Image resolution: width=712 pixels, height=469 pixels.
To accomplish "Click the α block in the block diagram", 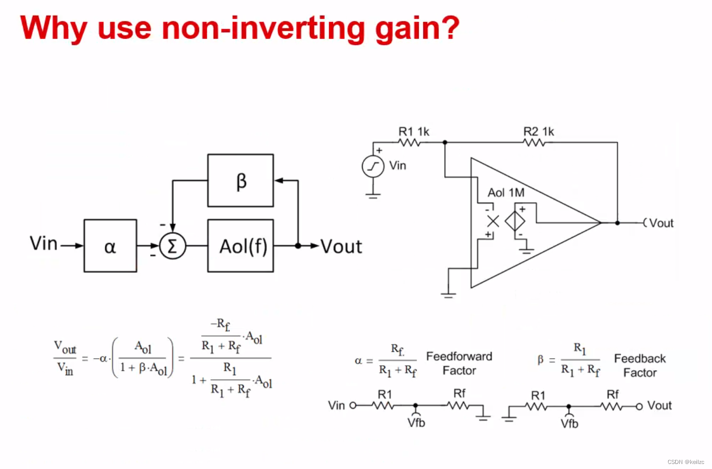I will pyautogui.click(x=110, y=246).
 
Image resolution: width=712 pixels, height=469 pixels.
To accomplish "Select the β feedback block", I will pyautogui.click(x=240, y=180).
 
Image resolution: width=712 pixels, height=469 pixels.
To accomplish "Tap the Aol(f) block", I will pyautogui.click(x=240, y=246).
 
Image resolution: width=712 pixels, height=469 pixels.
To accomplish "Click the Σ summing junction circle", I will pyautogui.click(x=172, y=246).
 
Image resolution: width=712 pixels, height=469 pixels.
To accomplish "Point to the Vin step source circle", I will pyautogui.click(x=373, y=166).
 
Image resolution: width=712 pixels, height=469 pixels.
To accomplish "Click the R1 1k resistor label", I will pyautogui.click(x=414, y=131).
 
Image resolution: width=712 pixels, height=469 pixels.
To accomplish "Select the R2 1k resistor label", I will pyautogui.click(x=538, y=131).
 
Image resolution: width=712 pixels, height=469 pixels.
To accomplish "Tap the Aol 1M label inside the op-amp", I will pyautogui.click(x=506, y=192).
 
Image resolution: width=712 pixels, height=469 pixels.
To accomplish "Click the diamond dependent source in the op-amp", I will pyautogui.click(x=515, y=221).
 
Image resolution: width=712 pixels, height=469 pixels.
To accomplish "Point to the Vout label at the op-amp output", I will pyautogui.click(x=661, y=223).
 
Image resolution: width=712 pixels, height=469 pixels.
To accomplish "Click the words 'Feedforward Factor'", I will pyautogui.click(x=459, y=363).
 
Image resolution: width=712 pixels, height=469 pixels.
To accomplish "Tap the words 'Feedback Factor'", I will pyautogui.click(x=639, y=365).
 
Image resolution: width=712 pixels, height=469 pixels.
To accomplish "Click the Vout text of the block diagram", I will pyautogui.click(x=341, y=247).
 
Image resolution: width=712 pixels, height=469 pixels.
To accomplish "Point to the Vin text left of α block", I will pyautogui.click(x=44, y=243).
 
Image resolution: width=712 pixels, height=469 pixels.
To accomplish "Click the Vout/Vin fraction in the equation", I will pyautogui.click(x=65, y=358).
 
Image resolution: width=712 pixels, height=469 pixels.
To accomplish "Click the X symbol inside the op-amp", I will pyautogui.click(x=493, y=221).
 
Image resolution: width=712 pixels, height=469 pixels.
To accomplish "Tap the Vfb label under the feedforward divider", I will pyautogui.click(x=416, y=423).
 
